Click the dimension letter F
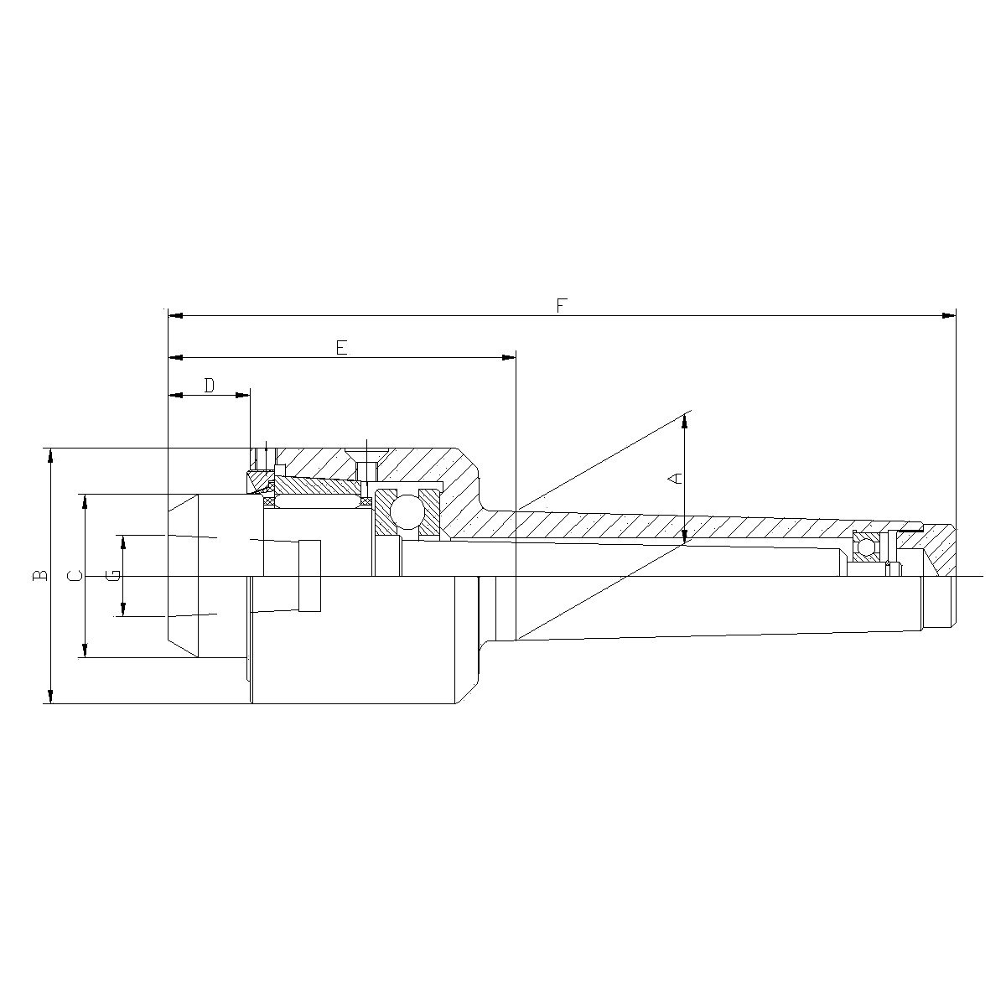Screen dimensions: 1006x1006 click(x=563, y=305)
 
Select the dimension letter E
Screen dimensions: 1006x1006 click(x=341, y=347)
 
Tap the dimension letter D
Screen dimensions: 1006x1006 click(x=210, y=386)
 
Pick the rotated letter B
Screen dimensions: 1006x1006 click(x=39, y=576)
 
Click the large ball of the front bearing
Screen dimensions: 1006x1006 click(x=407, y=512)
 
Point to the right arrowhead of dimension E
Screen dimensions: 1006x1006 click(x=508, y=358)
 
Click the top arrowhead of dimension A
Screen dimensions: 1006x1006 click(x=686, y=420)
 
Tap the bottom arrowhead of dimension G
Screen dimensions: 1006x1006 click(x=123, y=609)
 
